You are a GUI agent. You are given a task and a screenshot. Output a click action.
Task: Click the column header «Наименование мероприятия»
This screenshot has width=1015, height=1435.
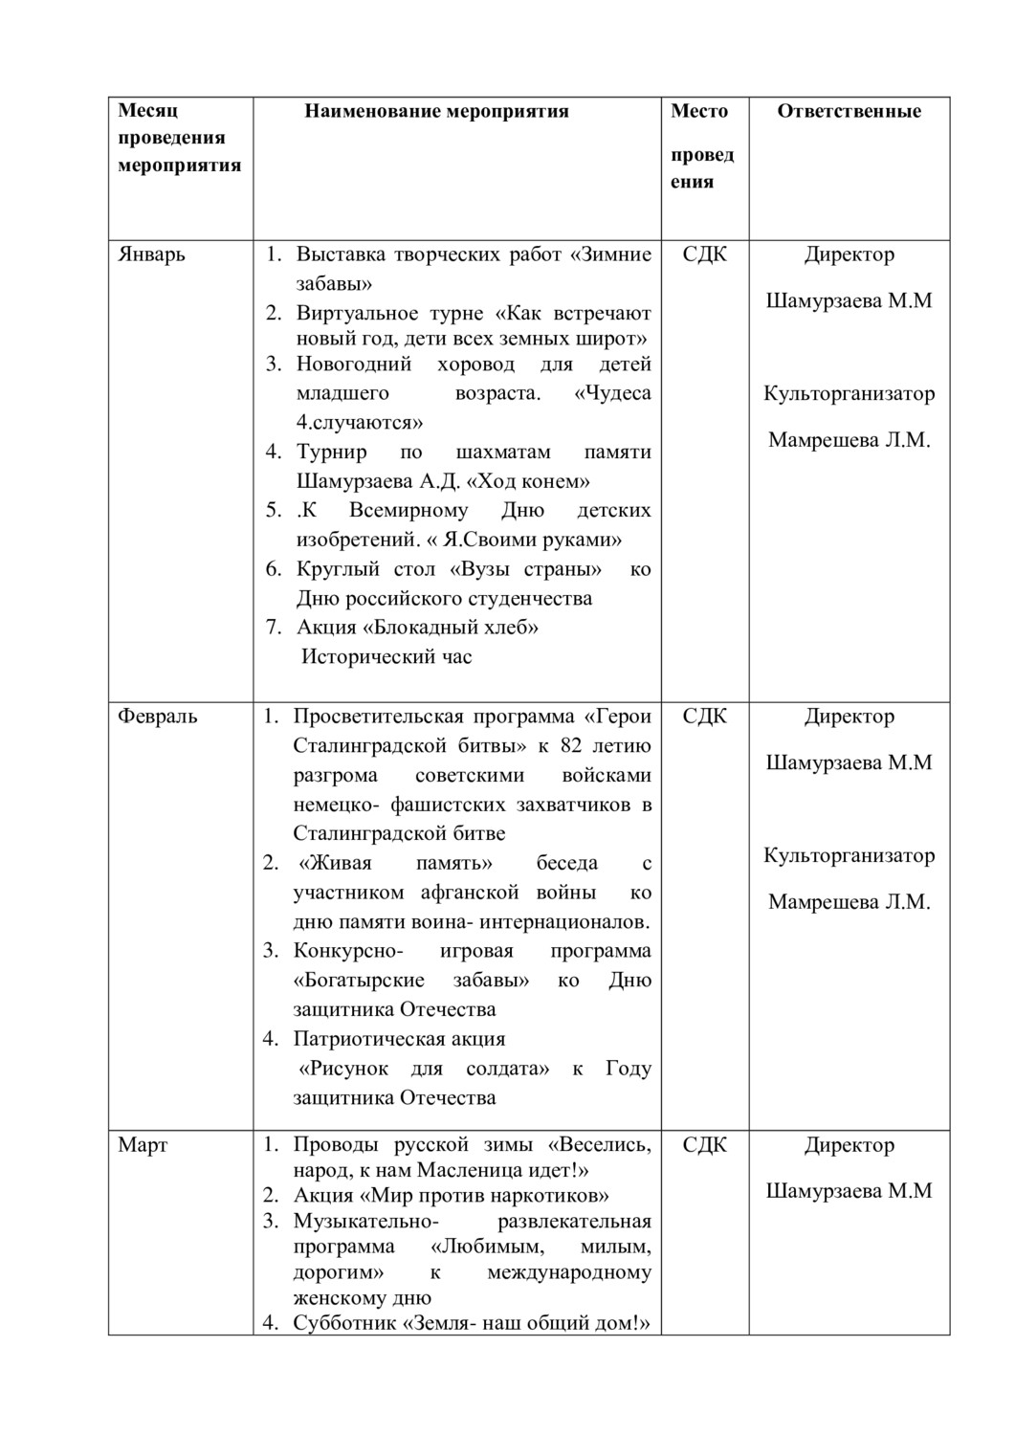(436, 111)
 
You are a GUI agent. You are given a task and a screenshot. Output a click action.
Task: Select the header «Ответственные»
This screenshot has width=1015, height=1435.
(849, 111)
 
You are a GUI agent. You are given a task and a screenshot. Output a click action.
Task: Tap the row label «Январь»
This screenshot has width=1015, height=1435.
(151, 254)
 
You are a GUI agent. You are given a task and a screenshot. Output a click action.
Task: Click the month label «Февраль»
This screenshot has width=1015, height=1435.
(157, 717)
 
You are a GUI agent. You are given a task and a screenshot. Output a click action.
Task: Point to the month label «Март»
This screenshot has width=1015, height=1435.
(143, 1145)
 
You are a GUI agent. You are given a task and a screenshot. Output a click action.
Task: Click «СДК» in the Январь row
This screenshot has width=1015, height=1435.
(704, 254)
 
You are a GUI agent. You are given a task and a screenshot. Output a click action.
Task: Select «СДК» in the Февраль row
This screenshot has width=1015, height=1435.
(704, 717)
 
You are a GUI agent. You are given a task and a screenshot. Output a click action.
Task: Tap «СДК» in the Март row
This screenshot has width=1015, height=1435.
(704, 1145)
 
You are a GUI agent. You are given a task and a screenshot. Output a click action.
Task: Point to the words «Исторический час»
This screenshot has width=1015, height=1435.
(386, 657)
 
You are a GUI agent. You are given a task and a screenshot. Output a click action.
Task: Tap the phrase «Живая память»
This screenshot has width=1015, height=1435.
(396, 864)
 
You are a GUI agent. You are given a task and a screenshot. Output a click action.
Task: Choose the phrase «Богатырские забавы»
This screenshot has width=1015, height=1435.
(411, 981)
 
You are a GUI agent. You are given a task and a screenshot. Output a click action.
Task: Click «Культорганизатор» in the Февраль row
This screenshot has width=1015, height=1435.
(849, 856)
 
